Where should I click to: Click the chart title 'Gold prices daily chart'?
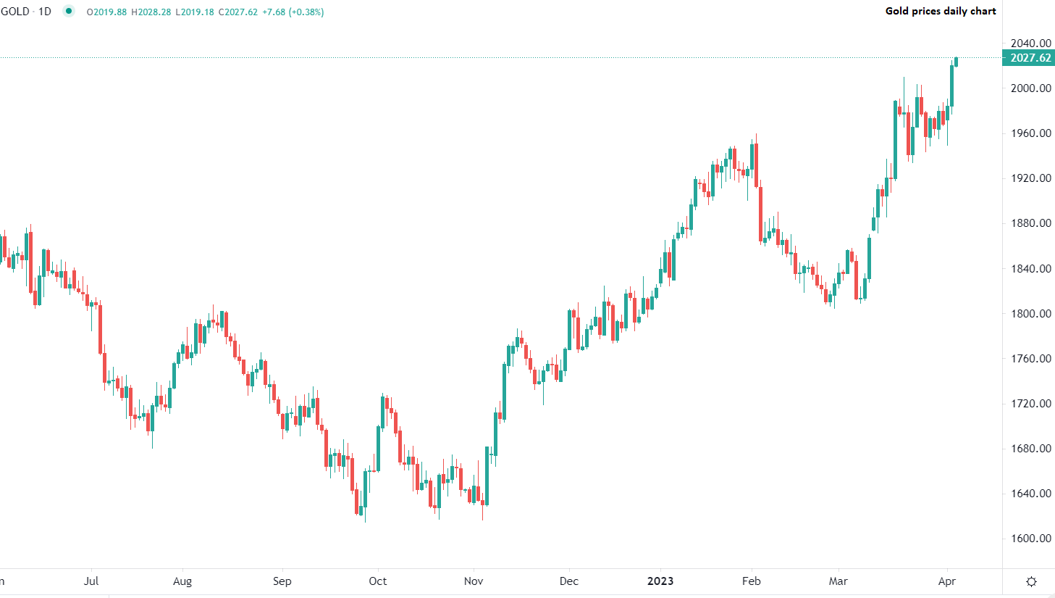tap(940, 11)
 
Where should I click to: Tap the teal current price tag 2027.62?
tap(1029, 58)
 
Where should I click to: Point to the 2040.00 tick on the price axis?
tap(1030, 43)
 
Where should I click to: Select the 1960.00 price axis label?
tap(1030, 133)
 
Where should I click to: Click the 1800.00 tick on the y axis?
tap(1030, 314)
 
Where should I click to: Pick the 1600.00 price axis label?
tap(1030, 539)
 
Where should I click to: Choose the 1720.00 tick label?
tap(1030, 404)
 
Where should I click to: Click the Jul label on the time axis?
tap(91, 581)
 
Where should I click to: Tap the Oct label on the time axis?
tap(377, 581)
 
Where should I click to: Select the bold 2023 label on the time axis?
tap(660, 581)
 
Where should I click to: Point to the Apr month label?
tap(946, 581)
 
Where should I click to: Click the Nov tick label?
tap(474, 581)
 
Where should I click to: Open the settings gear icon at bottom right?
tap(1031, 581)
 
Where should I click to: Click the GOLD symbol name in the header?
tap(15, 12)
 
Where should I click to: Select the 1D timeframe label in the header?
tap(45, 12)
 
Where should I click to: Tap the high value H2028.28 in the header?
tap(151, 12)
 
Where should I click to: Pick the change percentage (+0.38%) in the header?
tap(306, 12)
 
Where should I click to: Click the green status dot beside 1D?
tap(68, 12)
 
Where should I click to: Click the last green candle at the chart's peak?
tap(956, 62)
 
